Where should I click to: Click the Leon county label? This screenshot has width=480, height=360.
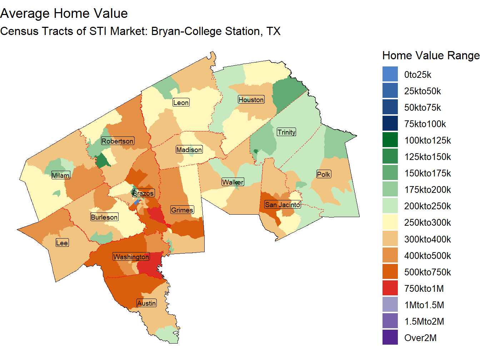[x=181, y=102]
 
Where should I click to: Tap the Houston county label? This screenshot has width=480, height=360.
[x=251, y=100]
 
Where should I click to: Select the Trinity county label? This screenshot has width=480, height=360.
[x=286, y=132]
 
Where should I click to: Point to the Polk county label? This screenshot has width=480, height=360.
[x=324, y=174]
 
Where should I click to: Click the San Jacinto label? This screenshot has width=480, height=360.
[x=282, y=205]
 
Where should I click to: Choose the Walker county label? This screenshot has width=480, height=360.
[x=233, y=182]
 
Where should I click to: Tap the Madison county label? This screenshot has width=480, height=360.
[x=189, y=150]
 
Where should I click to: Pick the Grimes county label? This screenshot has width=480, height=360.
[x=182, y=210]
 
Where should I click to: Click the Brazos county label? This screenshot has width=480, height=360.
[x=143, y=193]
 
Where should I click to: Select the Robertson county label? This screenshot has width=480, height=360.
[x=117, y=141]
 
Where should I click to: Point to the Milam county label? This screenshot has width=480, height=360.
[x=61, y=175]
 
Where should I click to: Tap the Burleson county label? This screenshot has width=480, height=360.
[x=104, y=217]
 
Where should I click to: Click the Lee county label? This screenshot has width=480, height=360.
[x=62, y=243]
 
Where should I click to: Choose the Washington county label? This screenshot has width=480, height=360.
[x=131, y=257]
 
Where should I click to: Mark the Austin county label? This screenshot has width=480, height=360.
[x=146, y=303]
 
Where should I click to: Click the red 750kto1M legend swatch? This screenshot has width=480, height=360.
[x=390, y=289]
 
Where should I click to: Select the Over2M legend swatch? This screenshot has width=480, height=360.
[x=390, y=338]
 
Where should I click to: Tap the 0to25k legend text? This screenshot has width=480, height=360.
[x=417, y=75]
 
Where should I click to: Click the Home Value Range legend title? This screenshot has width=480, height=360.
[x=430, y=55]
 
